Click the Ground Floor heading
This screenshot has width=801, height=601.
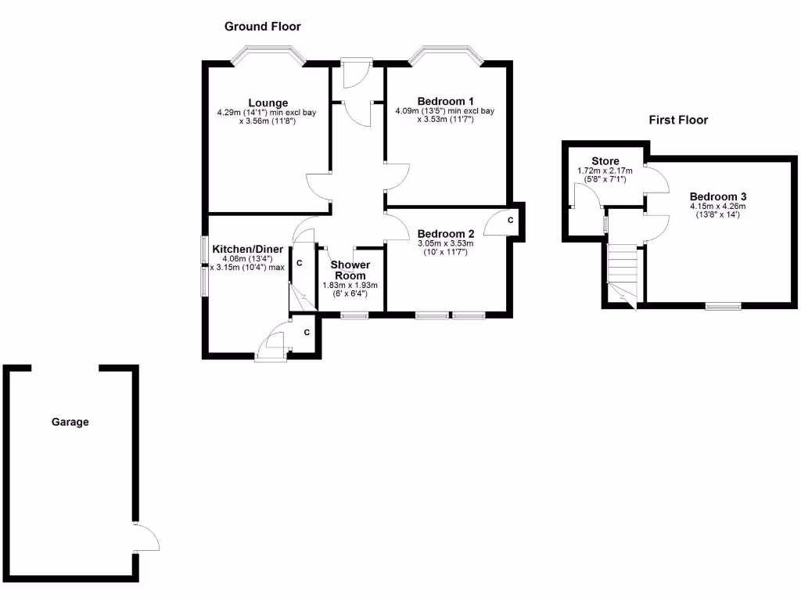pos(262,27)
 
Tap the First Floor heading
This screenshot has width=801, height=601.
pos(678,120)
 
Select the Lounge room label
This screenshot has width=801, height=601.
pos(268,103)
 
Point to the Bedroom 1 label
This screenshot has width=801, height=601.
pos(446,101)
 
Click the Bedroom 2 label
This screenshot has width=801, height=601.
pos(446,233)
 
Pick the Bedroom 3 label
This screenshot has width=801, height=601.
pos(718,196)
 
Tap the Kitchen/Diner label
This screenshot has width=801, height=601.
pos(248,250)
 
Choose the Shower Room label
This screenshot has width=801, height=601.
pos(351,270)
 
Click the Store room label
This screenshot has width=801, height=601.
pos(605,161)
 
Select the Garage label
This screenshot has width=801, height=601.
pos(70,422)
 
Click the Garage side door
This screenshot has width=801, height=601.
pos(145,538)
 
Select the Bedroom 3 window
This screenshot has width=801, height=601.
pos(724,305)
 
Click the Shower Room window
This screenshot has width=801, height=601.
pos(355,315)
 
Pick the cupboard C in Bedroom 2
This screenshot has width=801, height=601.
pos(510,221)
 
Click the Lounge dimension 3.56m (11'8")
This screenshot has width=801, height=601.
pos(268,121)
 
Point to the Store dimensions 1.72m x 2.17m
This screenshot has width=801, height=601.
pos(605,171)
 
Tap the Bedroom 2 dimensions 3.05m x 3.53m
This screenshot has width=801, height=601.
pos(446,243)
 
